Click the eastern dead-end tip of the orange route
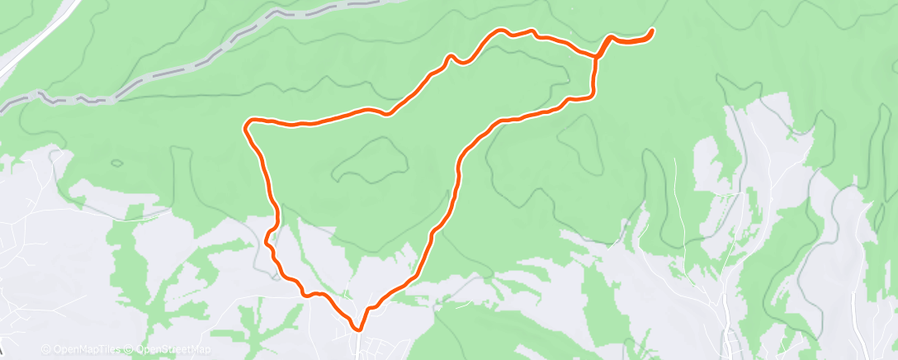point(652,31)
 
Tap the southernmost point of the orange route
point(358,329)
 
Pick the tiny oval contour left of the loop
point(116,163)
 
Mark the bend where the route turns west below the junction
point(589,97)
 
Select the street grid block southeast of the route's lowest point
point(388,343)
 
